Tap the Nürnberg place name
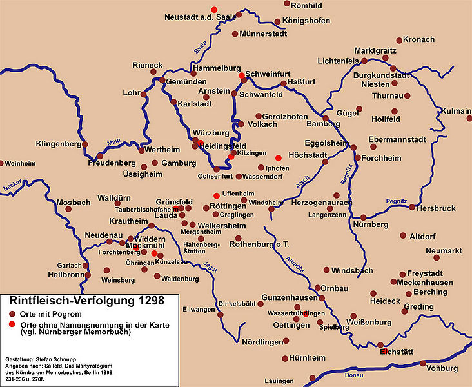pyautogui.click(x=370, y=224)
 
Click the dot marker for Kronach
pyautogui.click(x=399, y=40)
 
